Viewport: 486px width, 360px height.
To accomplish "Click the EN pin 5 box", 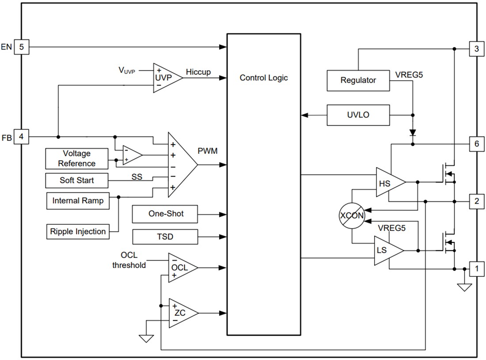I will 21,46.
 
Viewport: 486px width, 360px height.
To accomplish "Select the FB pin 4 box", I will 21,137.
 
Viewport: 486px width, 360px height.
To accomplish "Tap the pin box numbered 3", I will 476,49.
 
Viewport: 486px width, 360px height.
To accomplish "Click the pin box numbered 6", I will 476,144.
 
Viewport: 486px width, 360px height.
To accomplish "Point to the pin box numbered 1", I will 476,268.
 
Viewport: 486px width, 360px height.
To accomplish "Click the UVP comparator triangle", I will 166,77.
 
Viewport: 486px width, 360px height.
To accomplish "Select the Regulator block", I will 358,80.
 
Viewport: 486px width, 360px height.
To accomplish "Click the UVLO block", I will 358,115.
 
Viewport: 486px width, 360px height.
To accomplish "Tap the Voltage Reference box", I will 77,158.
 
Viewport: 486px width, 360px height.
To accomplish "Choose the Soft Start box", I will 77,180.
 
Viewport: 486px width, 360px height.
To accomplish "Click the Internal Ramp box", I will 78,200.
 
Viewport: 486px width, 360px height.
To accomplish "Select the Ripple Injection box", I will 78,231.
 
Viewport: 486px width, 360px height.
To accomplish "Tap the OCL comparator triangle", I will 180,268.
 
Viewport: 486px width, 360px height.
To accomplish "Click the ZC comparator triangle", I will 180,313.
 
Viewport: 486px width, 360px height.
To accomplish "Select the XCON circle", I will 352,217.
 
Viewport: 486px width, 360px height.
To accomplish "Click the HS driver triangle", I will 387,182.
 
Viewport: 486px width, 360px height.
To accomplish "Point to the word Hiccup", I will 198,72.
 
